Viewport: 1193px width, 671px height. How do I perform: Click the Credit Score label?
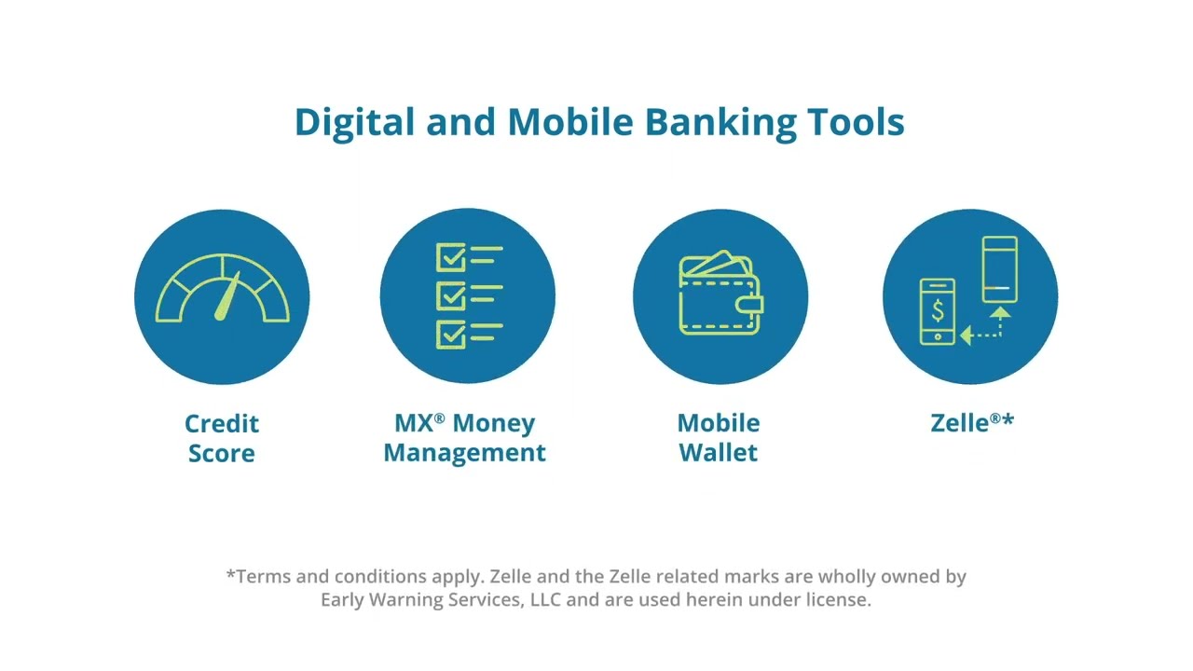[222, 438]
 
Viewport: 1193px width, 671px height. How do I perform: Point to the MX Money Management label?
[464, 438]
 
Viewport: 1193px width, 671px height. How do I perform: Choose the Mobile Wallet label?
[719, 438]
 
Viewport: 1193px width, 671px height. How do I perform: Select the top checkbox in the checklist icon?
[451, 257]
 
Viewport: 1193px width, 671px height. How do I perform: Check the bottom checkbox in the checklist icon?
[451, 334]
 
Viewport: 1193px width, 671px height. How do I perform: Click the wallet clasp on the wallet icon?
[753, 304]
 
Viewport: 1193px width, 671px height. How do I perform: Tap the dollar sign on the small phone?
[938, 309]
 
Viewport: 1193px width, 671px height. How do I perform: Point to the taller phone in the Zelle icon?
[999, 269]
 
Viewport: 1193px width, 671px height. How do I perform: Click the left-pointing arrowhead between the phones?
[967, 335]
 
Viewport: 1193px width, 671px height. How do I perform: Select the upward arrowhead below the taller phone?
[1000, 313]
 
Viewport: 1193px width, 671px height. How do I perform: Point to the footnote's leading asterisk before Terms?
[231, 574]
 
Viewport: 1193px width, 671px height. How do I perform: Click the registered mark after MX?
[439, 418]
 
